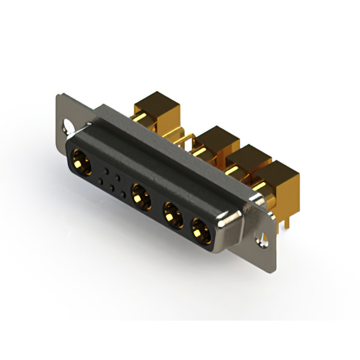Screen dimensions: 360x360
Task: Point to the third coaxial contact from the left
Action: pos(171,215)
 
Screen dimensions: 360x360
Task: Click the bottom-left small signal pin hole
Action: pos(101,181)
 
